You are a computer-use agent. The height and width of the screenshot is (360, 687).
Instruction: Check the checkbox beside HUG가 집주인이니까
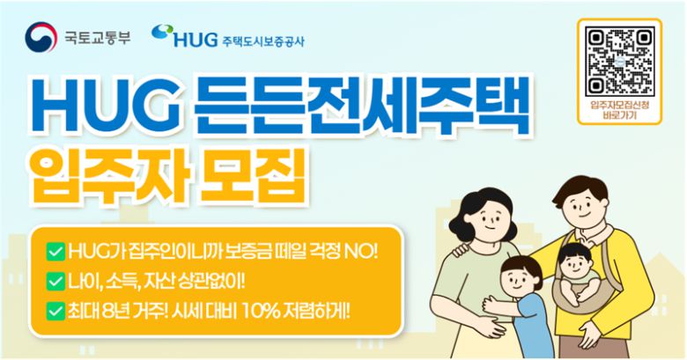(x=55, y=253)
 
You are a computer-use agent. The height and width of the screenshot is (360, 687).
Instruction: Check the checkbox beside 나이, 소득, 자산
(x=55, y=282)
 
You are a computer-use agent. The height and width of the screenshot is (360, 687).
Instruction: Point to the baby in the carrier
(x=574, y=268)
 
